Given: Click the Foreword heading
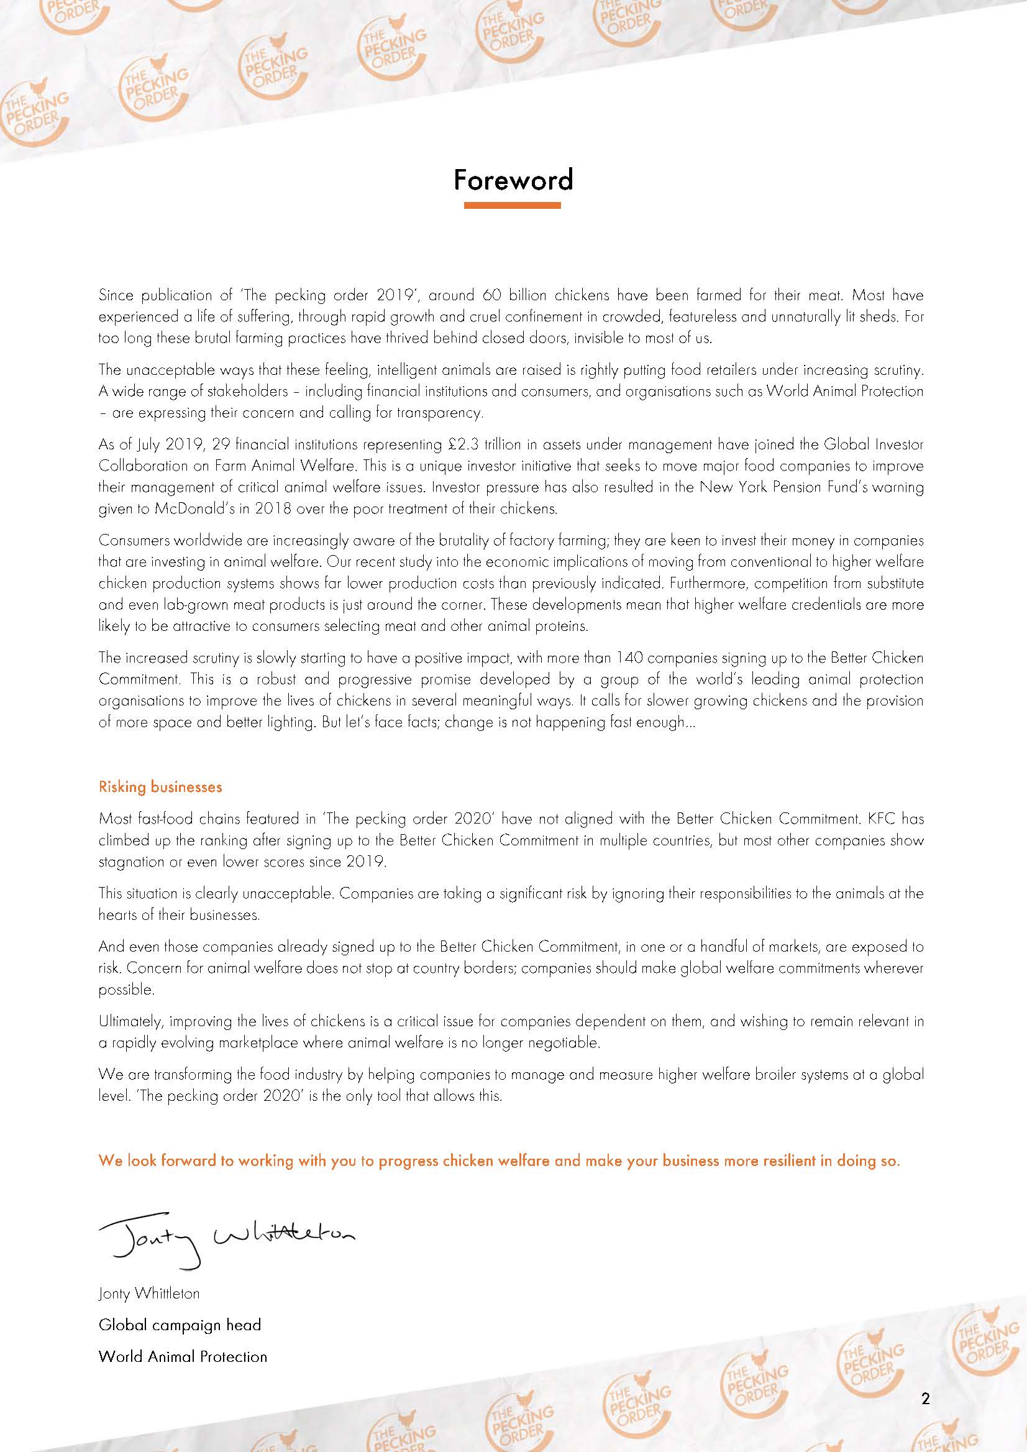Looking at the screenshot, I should coord(513,180).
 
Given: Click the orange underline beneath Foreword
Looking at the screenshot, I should coord(512,205).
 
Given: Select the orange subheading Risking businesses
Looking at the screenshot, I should coord(160,787).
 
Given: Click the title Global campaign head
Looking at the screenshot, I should coord(180,1324).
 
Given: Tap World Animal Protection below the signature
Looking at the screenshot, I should coord(183,1356).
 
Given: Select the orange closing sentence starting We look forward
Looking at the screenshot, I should coord(499,1161).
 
